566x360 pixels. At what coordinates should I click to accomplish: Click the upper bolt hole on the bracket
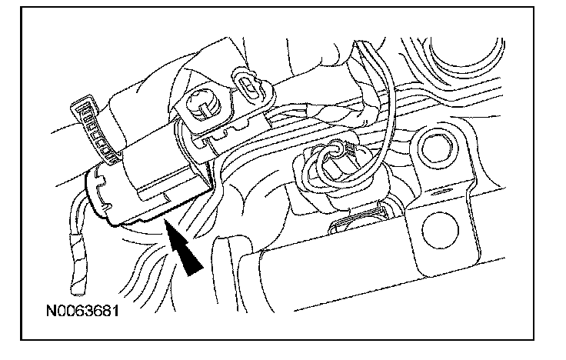pos(434,146)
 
